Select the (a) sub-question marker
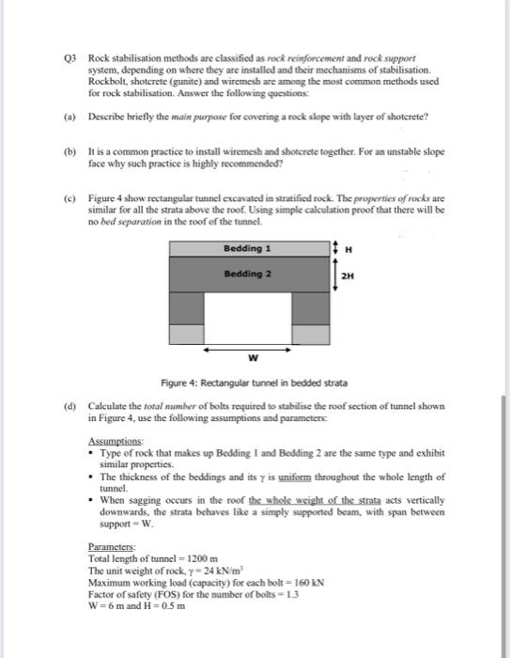(x=70, y=116)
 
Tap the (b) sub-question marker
(x=70, y=150)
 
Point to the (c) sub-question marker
(x=70, y=199)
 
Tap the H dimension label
(x=348, y=248)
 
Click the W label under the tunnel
(x=252, y=358)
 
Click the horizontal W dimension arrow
(x=252, y=347)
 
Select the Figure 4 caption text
(x=254, y=384)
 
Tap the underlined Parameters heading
(x=108, y=546)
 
